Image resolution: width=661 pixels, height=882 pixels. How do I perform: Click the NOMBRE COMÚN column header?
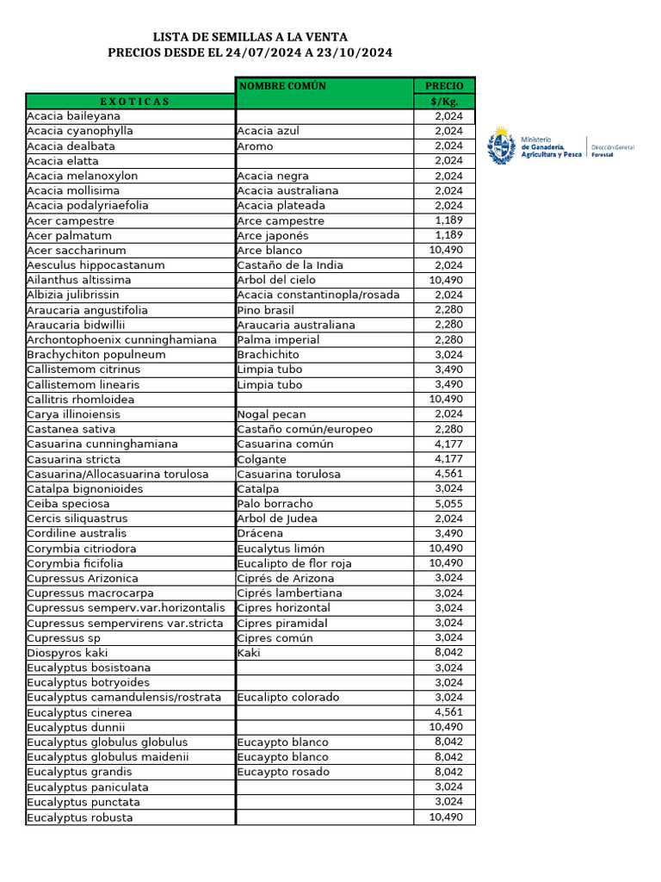click(282, 86)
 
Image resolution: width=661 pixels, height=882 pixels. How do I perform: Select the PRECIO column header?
click(444, 86)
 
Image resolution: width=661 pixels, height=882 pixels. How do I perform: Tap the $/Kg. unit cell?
click(444, 102)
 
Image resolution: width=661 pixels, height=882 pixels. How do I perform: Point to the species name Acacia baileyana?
click(74, 116)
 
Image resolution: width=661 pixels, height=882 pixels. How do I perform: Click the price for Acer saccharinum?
click(446, 251)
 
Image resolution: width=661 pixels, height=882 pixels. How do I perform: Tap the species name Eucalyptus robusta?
click(80, 817)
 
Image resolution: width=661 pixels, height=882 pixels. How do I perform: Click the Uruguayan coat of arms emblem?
click(503, 146)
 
